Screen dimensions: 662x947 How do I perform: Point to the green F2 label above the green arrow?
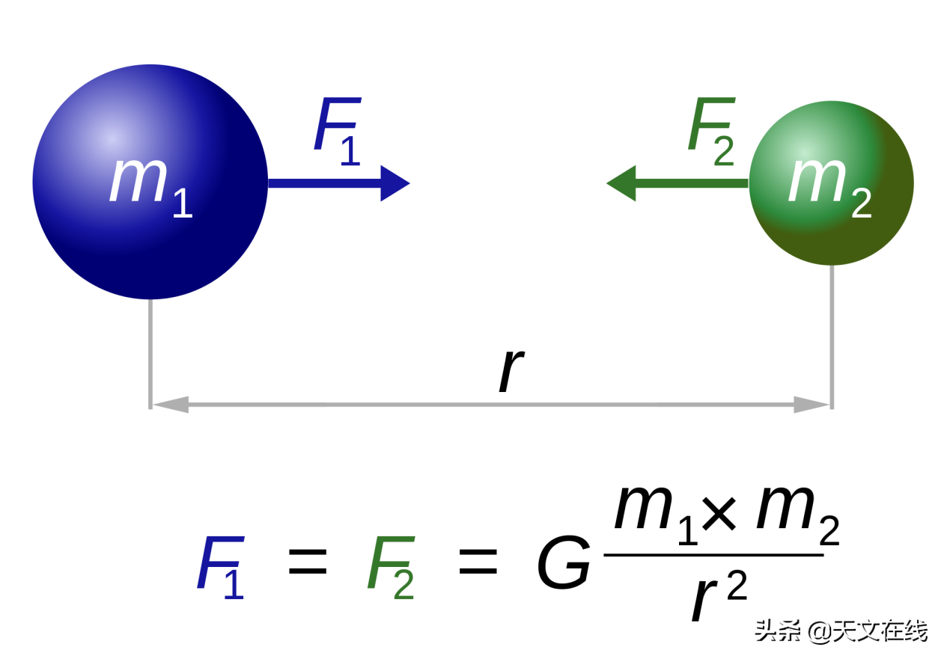coord(712,130)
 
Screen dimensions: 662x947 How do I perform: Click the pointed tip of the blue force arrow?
coord(408,183)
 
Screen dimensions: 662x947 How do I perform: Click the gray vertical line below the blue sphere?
coord(150,352)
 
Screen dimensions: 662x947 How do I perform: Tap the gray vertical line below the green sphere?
coord(832,337)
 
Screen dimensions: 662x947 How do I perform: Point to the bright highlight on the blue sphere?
coord(111,139)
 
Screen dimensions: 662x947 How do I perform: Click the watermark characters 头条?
coord(776,630)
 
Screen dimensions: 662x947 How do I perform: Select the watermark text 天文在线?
coord(887,630)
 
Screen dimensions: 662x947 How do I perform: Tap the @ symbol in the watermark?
coord(817,631)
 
